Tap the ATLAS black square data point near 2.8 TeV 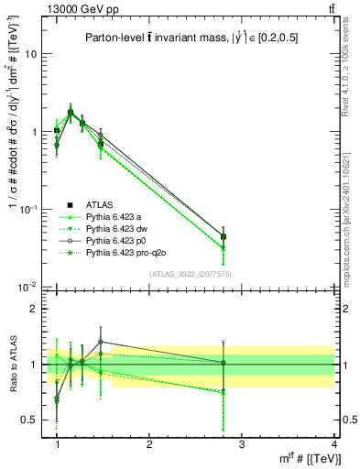tap(224, 236)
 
